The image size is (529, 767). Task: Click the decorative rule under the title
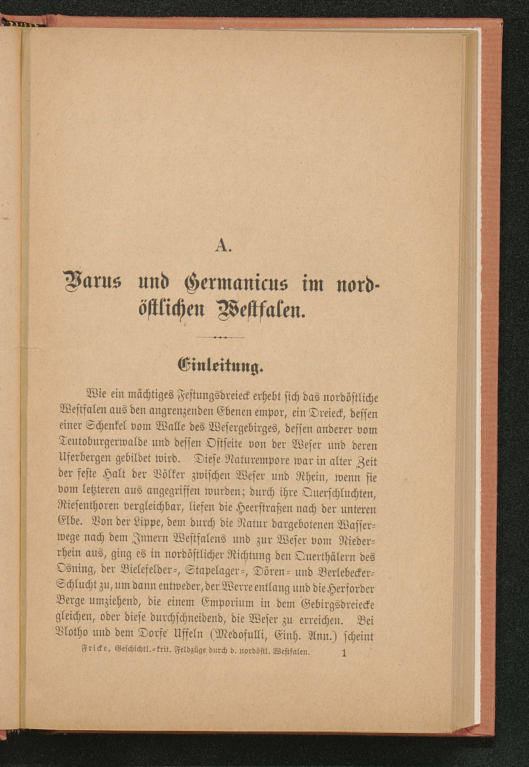tap(220, 337)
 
